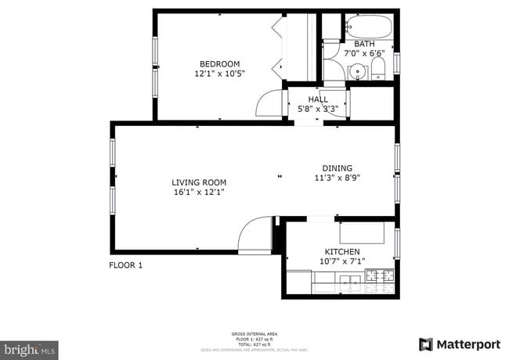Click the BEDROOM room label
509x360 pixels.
pyautogui.click(x=219, y=64)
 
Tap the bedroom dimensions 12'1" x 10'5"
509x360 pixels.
pyautogui.click(x=219, y=74)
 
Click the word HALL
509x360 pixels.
pyautogui.click(x=318, y=99)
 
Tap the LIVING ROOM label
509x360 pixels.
pyautogui.click(x=199, y=182)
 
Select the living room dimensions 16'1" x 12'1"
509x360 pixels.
pyautogui.click(x=199, y=192)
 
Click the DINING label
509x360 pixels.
pyautogui.click(x=338, y=167)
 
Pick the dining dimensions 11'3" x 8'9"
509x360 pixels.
pyautogui.click(x=338, y=177)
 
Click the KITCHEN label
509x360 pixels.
pyautogui.click(x=342, y=252)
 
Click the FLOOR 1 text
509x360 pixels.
pyautogui.click(x=125, y=265)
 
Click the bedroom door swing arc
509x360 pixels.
pyautogui.click(x=270, y=103)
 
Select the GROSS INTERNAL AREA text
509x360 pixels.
pyautogui.click(x=254, y=333)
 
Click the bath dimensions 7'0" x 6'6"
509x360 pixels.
pyautogui.click(x=364, y=54)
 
